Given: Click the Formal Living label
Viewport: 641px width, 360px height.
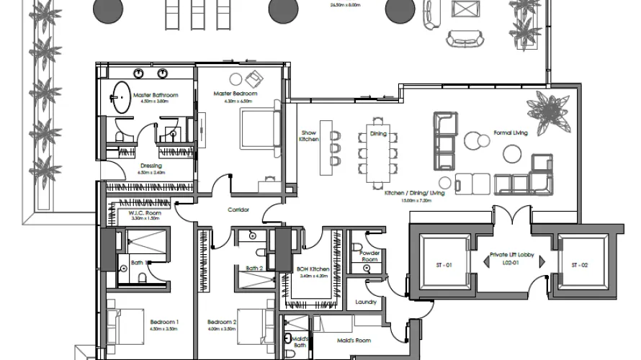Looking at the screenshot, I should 511,133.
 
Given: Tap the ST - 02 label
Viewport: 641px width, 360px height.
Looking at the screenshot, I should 580,266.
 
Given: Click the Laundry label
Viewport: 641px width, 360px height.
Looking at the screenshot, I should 366,302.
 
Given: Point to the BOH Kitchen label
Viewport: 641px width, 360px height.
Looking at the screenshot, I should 313,269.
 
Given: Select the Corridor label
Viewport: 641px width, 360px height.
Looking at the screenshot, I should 238,210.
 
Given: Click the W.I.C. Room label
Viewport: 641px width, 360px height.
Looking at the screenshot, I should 144,213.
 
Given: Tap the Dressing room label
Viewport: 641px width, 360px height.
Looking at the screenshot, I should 151,166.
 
